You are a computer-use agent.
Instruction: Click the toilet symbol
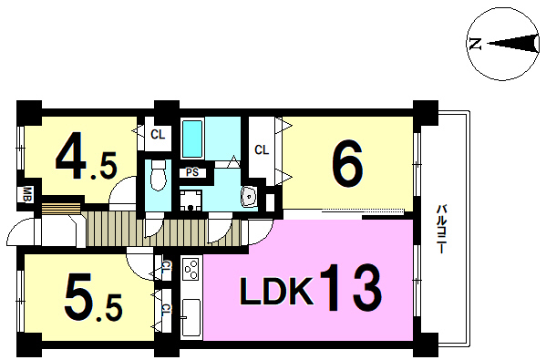(158, 176)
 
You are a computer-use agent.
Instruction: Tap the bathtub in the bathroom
(192, 139)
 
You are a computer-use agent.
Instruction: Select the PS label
(191, 172)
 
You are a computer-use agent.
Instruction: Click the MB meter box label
(27, 195)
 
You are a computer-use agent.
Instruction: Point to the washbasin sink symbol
(249, 197)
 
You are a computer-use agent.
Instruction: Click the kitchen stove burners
(191, 270)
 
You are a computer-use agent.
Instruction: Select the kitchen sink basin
(191, 317)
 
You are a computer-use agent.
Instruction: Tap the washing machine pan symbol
(191, 201)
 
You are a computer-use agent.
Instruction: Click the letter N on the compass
(475, 44)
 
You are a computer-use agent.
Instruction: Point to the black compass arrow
(512, 44)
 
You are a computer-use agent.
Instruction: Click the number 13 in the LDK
(349, 288)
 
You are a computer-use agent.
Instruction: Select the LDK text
(276, 291)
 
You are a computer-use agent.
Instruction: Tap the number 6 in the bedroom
(347, 165)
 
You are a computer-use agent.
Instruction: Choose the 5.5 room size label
(93, 297)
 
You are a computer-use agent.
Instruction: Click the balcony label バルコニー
(442, 230)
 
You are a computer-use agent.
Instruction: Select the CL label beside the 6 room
(262, 150)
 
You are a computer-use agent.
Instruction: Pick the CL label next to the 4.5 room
(158, 134)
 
